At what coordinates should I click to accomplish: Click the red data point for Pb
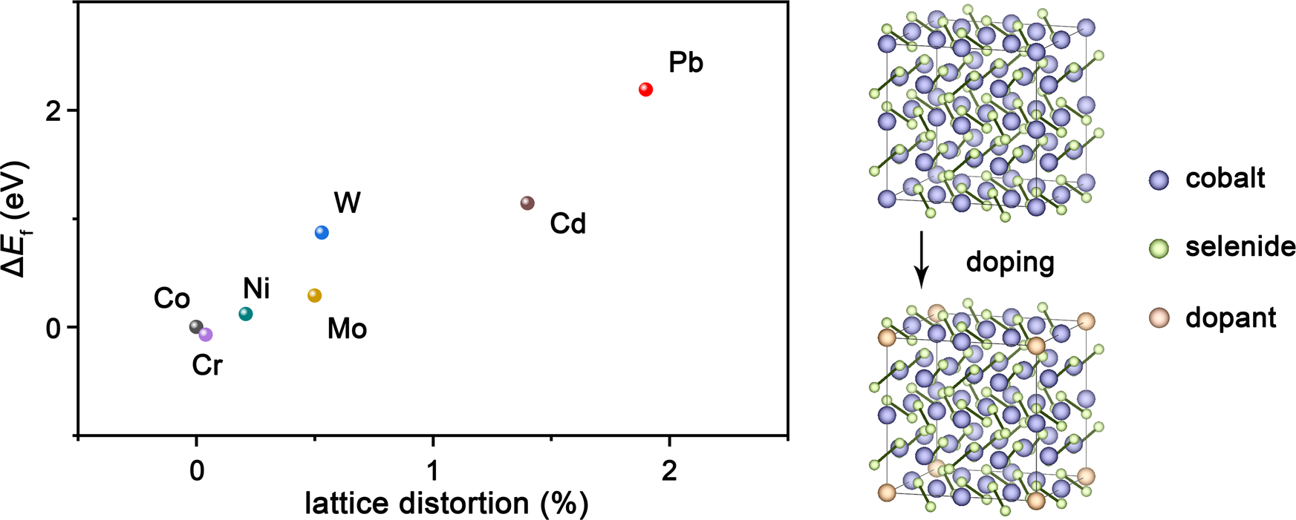click(x=645, y=89)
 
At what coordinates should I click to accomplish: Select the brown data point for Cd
click(x=527, y=203)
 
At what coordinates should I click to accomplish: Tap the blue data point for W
click(x=322, y=232)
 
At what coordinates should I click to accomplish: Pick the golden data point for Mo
click(x=315, y=295)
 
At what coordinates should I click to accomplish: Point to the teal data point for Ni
click(x=246, y=314)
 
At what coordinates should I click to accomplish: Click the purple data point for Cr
click(x=206, y=335)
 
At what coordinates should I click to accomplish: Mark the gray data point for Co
click(x=196, y=326)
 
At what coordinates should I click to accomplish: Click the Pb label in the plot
click(x=686, y=63)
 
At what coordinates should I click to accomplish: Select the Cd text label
click(x=567, y=223)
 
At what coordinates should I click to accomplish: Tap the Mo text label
click(x=347, y=329)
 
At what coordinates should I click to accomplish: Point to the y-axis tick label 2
click(x=52, y=111)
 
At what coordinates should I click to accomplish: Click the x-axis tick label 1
click(x=433, y=471)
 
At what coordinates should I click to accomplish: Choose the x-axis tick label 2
click(x=669, y=471)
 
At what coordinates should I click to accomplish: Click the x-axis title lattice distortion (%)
click(x=446, y=504)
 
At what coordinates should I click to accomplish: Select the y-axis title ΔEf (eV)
click(x=16, y=220)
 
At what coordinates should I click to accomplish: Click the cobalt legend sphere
click(x=1159, y=180)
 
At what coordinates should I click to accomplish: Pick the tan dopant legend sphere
click(x=1159, y=318)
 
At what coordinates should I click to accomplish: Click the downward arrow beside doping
click(x=921, y=260)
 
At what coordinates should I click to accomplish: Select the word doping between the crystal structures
click(x=1009, y=262)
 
